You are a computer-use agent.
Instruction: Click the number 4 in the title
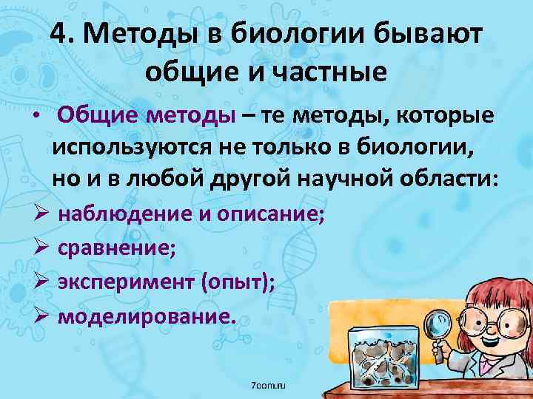pos(62,34)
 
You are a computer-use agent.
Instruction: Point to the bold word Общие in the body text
pos(98,115)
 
